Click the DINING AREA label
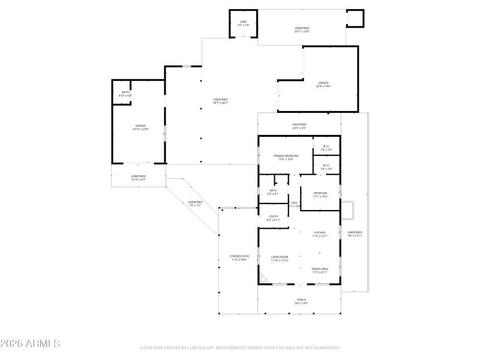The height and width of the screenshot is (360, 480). tap(319, 271)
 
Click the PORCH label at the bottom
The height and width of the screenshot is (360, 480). tap(301, 301)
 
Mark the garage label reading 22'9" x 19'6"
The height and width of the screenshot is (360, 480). tap(323, 85)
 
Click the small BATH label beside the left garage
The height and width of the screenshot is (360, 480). tap(125, 94)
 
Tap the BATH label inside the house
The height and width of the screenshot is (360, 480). tap(273, 192)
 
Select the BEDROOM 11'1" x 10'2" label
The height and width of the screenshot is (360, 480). tap(320, 194)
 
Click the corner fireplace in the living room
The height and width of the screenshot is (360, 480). tap(263, 278)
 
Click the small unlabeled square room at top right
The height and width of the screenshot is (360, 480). tap(355, 19)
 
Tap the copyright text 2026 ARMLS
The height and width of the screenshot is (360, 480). tap(30, 344)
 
